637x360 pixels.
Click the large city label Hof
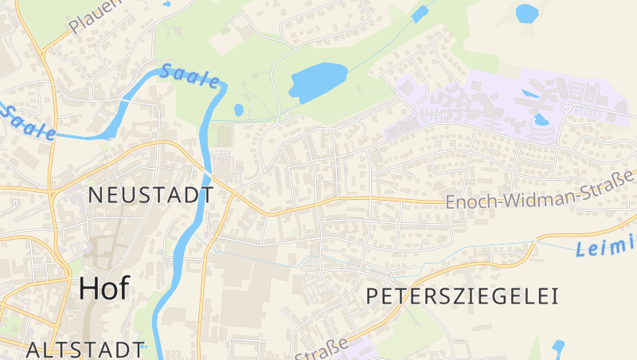pyautogui.click(x=104, y=289)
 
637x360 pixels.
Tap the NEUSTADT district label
pyautogui.click(x=150, y=194)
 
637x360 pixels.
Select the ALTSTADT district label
pyautogui.click(x=83, y=349)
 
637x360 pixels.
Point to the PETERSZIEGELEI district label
pyautogui.click(x=462, y=296)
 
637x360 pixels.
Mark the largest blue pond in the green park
pyautogui.click(x=318, y=80)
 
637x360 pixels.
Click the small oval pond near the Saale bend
pyautogui.click(x=239, y=110)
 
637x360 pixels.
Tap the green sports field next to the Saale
pyautogui.click(x=225, y=135)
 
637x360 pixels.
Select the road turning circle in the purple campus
pyautogui.click(x=566, y=106)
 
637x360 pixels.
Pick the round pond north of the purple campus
pyautogui.click(x=526, y=13)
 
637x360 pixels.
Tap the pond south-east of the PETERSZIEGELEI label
pyautogui.click(x=558, y=346)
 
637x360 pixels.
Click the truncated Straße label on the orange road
pyautogui.click(x=322, y=350)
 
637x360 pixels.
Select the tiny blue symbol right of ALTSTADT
pyautogui.click(x=144, y=346)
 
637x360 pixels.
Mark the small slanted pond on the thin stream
pyautogui.click(x=420, y=14)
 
